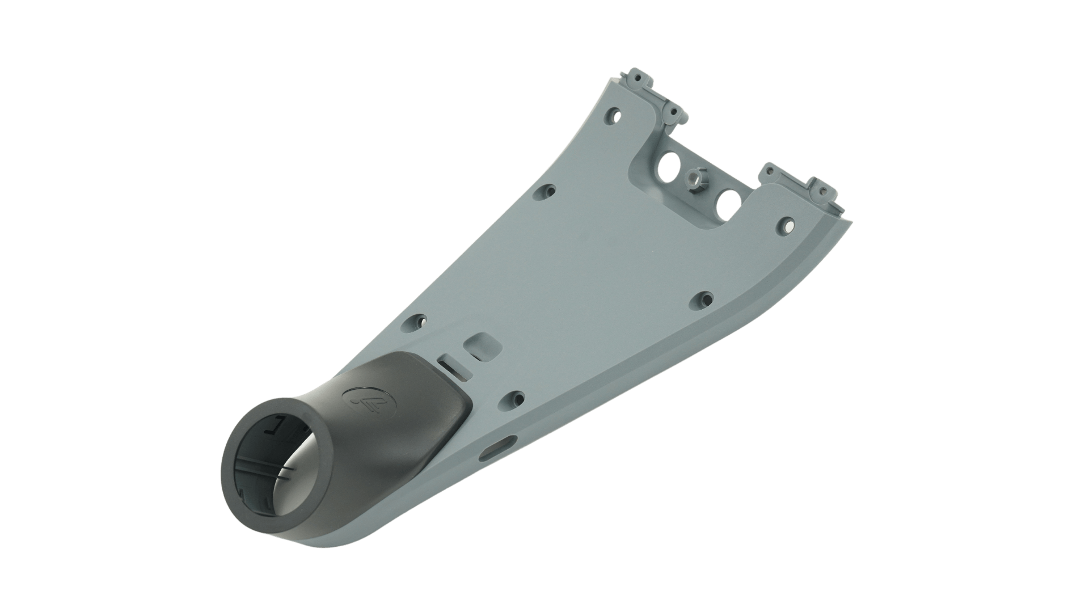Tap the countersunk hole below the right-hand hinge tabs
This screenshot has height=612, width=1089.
[x=786, y=226]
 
